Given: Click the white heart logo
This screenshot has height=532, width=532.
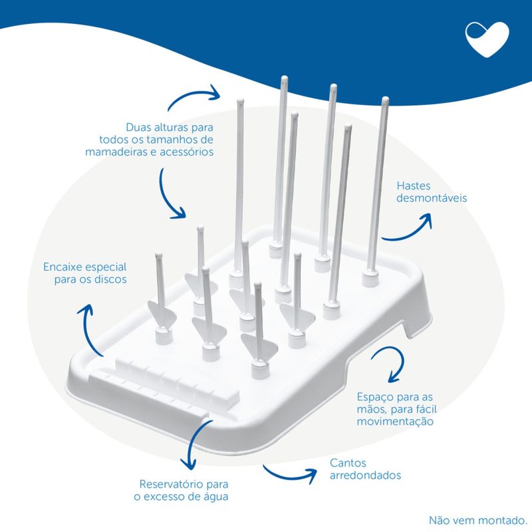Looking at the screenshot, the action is coord(487,39).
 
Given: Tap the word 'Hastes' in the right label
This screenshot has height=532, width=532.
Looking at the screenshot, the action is coord(413,186).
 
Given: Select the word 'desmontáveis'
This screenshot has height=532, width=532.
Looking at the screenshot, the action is coord(432,198).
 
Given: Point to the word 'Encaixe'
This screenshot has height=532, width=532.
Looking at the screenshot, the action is coord(63,267).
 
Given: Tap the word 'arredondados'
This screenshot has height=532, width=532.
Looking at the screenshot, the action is coord(365,475).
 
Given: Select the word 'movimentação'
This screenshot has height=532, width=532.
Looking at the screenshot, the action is coord(395,422).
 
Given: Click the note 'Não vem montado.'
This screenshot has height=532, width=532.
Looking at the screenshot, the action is coord(477,520).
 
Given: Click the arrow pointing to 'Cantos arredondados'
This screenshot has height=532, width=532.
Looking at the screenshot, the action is coord(289,475).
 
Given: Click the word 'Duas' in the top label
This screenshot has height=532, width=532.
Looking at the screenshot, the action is coord(138,127).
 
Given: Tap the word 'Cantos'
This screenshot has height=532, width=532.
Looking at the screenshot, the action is coord(348,463).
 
